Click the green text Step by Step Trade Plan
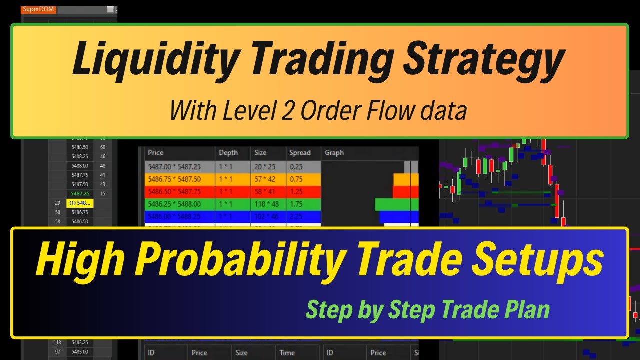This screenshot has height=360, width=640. (x=427, y=309)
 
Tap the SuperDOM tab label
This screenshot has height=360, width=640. (x=38, y=9)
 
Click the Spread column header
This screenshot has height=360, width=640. (x=300, y=153)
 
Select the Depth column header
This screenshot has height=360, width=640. (x=228, y=153)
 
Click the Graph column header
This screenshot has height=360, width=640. (x=334, y=153)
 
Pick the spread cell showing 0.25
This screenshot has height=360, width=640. (x=297, y=167)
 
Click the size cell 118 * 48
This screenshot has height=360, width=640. (x=267, y=204)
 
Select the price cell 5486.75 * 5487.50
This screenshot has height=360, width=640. (x=174, y=179)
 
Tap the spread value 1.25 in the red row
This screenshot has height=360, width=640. (x=297, y=192)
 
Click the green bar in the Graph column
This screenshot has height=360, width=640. (x=392, y=204)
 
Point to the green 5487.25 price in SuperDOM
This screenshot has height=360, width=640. (x=80, y=193)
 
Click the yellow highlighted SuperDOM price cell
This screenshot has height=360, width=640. (x=80, y=203)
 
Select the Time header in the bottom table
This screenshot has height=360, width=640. (x=287, y=353)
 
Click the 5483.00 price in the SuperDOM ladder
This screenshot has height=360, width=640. (x=80, y=351)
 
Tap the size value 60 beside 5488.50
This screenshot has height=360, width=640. (x=103, y=147)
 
